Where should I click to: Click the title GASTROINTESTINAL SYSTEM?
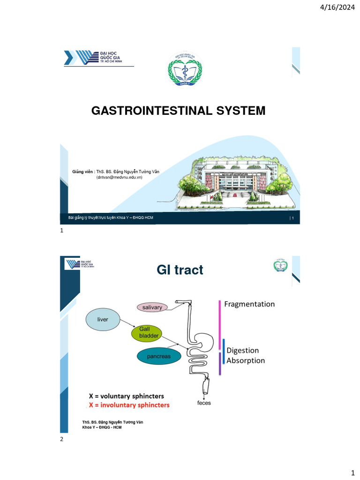[178, 111]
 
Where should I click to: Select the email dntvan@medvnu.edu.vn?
[120, 178]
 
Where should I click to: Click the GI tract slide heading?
[180, 270]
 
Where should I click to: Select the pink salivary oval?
[152, 307]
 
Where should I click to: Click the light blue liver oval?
[103, 320]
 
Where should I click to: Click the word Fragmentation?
[249, 304]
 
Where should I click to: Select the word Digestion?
[242, 350]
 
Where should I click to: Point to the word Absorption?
[246, 360]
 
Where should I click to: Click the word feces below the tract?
[203, 403]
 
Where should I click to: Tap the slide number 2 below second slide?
[61, 439]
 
